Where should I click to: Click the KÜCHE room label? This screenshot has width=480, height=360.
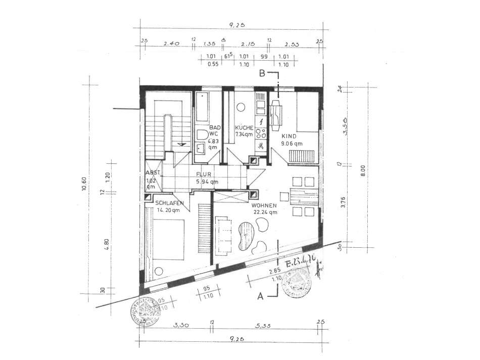[245, 128]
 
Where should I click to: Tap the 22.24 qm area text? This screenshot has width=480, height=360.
[265, 212]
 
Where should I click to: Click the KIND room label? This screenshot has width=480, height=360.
[290, 136]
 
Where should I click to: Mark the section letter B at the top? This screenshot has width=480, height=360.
[262, 73]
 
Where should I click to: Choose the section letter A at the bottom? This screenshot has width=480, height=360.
[260, 297]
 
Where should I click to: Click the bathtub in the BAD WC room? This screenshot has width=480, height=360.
[203, 109]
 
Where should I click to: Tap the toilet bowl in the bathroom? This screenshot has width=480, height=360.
[201, 136]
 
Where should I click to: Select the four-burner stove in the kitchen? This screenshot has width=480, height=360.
[261, 133]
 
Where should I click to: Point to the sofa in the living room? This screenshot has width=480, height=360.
[222, 235]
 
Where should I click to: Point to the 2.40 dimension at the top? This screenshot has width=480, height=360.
[171, 44]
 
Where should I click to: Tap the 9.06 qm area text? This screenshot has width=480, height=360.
[292, 144]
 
